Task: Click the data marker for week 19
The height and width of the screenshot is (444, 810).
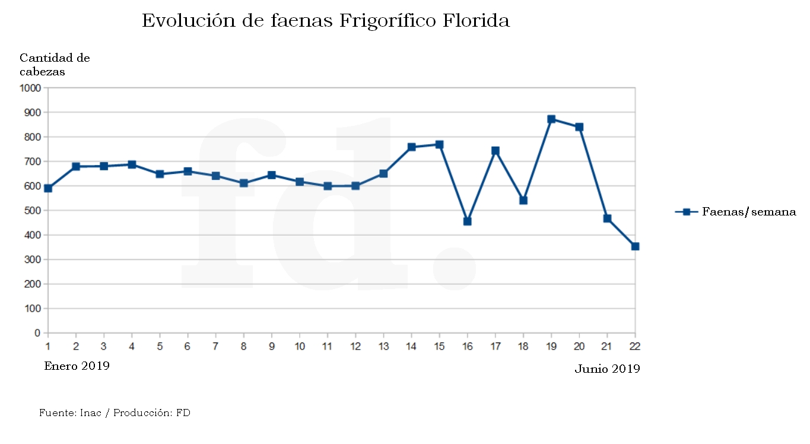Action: point(551,119)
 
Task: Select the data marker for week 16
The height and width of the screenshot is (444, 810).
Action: point(468,221)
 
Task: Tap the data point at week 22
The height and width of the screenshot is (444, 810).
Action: point(635,246)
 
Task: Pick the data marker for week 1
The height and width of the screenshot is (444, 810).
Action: point(48,188)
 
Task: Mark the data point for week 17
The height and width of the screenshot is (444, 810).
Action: point(495,151)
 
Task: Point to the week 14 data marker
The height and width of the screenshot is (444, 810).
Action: point(412,147)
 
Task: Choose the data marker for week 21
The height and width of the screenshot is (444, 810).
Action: point(607,218)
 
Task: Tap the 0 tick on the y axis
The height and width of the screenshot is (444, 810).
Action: point(37,334)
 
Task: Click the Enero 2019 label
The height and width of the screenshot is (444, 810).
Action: point(77,366)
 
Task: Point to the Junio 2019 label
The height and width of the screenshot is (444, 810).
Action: point(607,369)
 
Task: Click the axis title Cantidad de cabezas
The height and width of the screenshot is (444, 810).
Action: point(55,65)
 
